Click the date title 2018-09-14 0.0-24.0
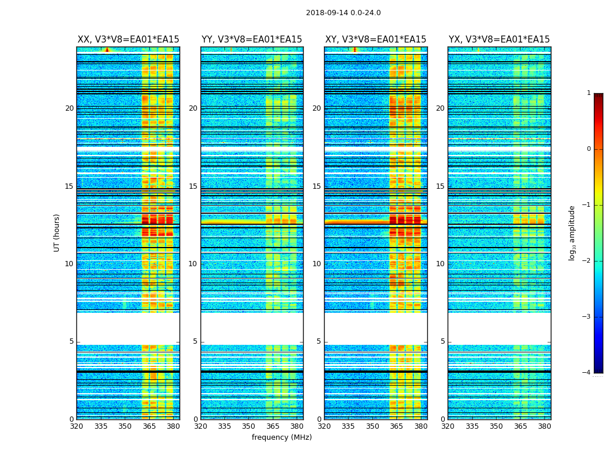click(343, 13)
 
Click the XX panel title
click(128, 40)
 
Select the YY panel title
click(252, 40)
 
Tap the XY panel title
click(375, 40)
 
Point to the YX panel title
click(499, 40)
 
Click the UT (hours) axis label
click(57, 232)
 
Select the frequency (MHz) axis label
click(282, 437)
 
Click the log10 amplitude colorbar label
click(572, 232)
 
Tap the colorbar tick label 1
click(589, 93)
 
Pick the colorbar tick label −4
click(587, 373)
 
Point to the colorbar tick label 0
click(589, 149)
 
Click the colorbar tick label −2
click(587, 261)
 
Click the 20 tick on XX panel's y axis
click(69, 108)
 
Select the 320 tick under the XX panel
click(76, 426)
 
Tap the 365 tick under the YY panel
click(273, 426)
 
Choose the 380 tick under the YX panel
click(545, 426)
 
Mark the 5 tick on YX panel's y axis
click(443, 341)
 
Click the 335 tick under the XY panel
click(349, 426)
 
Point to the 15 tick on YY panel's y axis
click(193, 186)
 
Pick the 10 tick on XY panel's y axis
click(316, 264)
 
